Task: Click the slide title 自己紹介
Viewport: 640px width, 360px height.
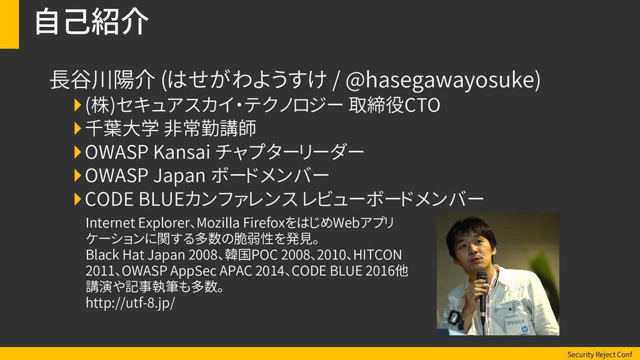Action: coord(91,22)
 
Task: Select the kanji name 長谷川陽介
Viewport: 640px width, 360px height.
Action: coord(102,79)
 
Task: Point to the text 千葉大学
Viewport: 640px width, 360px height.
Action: coord(122,129)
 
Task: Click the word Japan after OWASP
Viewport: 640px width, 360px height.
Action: coord(179,176)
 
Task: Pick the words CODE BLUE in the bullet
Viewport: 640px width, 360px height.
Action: coord(134,199)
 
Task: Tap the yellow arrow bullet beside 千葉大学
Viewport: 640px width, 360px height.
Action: coord(77,129)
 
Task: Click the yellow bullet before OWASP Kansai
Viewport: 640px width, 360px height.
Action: coord(77,152)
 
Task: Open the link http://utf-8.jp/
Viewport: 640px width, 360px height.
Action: coord(130,303)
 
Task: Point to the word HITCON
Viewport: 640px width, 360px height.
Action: coord(377,255)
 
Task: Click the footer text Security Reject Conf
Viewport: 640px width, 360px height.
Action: coord(599,354)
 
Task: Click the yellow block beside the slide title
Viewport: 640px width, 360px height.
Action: coord(9,24)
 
